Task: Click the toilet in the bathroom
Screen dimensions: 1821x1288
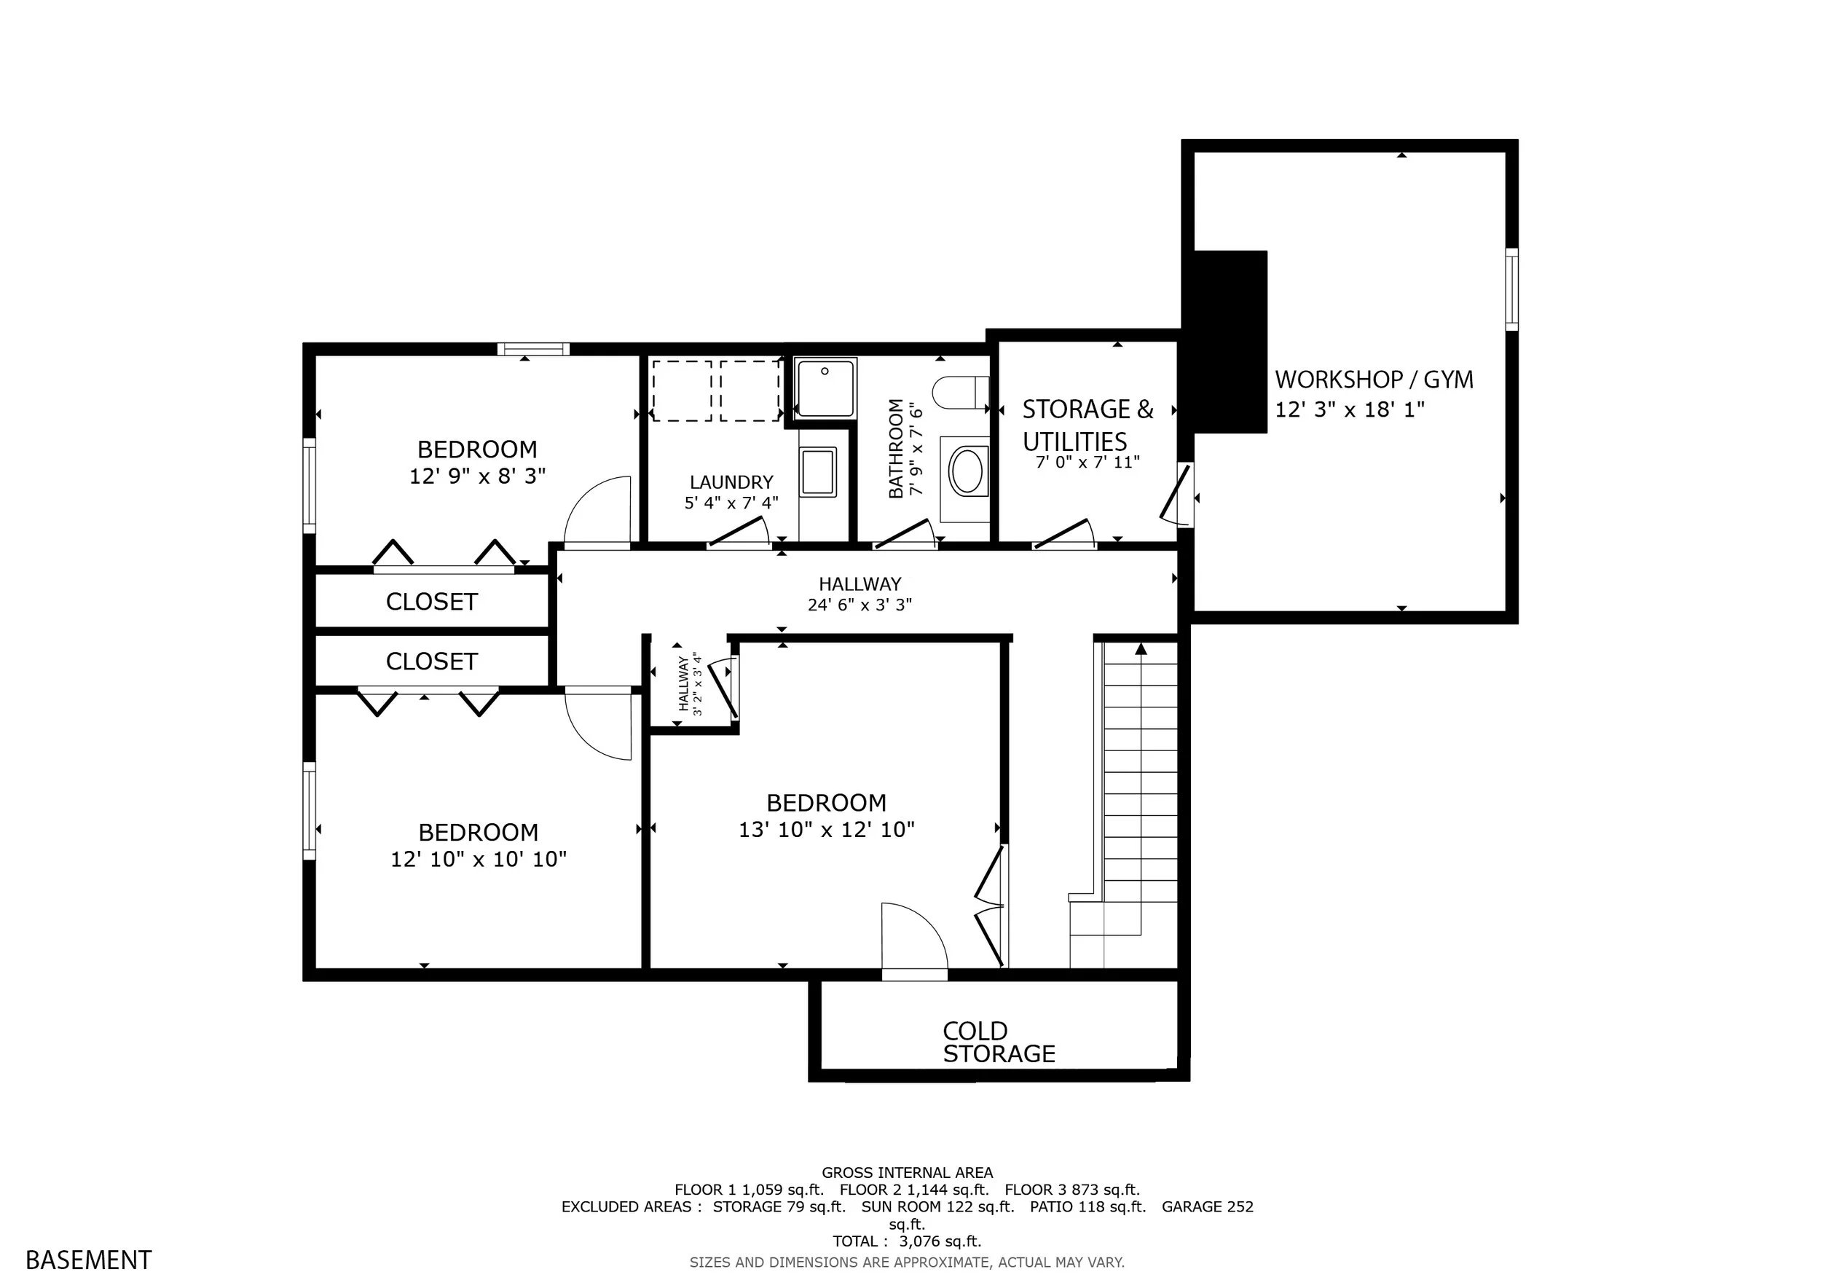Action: point(961,393)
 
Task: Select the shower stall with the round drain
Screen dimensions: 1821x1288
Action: point(825,388)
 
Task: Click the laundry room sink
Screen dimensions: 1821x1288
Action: point(819,472)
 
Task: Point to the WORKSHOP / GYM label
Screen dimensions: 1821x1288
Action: point(1374,380)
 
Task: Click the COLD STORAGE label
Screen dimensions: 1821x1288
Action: point(999,1042)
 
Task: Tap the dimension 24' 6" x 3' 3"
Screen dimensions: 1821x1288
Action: point(860,605)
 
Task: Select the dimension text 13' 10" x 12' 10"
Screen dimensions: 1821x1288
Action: point(827,830)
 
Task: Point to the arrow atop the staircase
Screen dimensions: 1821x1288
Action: point(1141,649)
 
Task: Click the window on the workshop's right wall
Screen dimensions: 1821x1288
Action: point(1511,289)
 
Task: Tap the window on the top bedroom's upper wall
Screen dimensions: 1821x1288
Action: point(534,349)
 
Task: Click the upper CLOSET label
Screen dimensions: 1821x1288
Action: point(431,602)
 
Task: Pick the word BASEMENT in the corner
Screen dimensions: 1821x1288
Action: point(89,1260)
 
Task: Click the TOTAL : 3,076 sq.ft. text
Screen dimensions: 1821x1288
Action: point(908,1241)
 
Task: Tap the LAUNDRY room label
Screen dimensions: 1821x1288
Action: point(731,482)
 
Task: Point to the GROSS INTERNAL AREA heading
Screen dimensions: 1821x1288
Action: point(908,1172)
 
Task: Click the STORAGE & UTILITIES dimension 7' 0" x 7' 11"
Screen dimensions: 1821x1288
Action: point(1088,462)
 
